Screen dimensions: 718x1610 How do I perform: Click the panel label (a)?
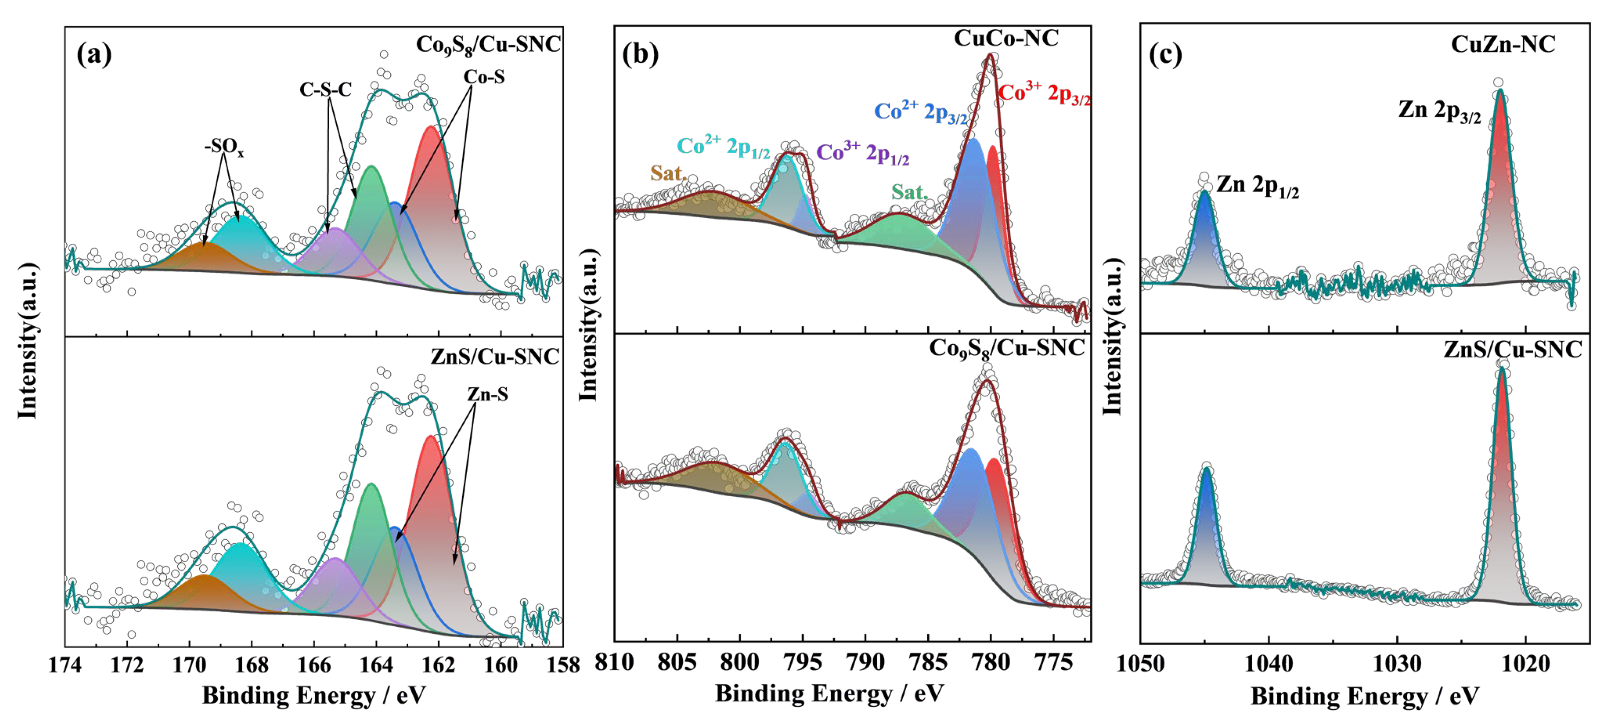(x=94, y=55)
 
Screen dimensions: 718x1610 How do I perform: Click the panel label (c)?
(x=1166, y=55)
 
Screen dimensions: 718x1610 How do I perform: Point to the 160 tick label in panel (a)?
(x=501, y=664)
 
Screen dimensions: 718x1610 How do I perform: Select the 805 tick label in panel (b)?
(x=677, y=662)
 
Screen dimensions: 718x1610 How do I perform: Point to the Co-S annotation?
(x=484, y=77)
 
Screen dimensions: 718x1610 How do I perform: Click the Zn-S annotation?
(x=487, y=395)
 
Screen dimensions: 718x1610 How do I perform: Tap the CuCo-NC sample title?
(x=1006, y=39)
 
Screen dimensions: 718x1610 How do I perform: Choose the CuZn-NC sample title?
(x=1502, y=44)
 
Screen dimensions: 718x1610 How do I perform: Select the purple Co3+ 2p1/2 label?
(x=862, y=153)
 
